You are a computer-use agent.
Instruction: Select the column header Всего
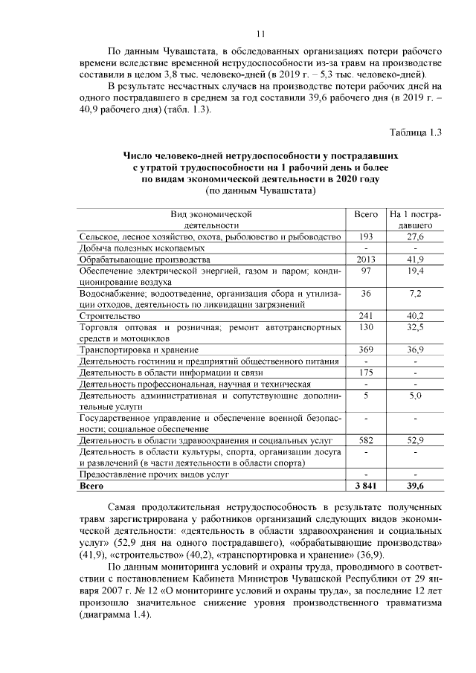pyautogui.click(x=366, y=214)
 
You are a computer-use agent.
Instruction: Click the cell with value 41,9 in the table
pyautogui.click(x=415, y=260)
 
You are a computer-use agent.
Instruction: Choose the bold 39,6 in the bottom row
pyautogui.click(x=415, y=486)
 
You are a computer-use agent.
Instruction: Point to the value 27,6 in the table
pyautogui.click(x=415, y=236)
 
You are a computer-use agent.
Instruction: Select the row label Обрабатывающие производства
pyautogui.click(x=144, y=260)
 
